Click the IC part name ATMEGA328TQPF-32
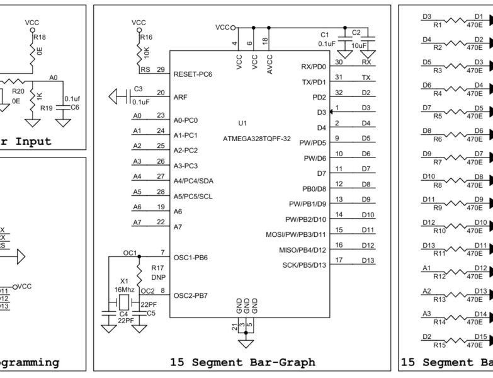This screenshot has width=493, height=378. (256, 139)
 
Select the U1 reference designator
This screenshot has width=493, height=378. (243, 122)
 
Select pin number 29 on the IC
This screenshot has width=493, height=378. (161, 69)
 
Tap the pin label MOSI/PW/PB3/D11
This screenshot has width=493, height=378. (296, 235)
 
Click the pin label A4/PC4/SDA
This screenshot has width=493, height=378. (193, 181)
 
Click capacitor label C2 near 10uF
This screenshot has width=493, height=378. (356, 32)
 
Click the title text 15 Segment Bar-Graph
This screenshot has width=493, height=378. (242, 362)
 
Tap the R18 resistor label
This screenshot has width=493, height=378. (40, 37)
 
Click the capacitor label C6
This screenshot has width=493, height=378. (74, 108)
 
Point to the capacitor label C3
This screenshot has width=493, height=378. (139, 89)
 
